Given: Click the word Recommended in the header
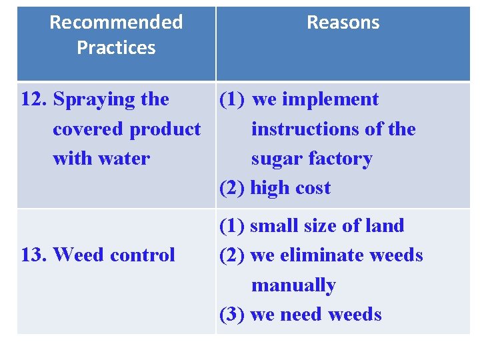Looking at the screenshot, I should click(x=116, y=22).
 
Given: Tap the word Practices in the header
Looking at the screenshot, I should click(x=116, y=47).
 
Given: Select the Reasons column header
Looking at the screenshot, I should click(x=343, y=22).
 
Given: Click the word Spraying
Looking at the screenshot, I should click(x=95, y=100).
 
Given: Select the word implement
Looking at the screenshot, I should click(x=329, y=100).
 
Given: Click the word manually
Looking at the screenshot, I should click(x=293, y=285).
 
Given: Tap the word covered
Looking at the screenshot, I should click(x=89, y=129).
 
